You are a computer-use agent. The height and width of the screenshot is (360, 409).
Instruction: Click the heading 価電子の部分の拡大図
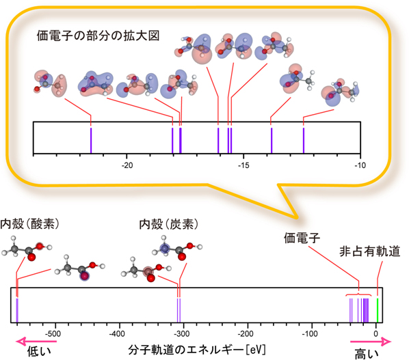click(x=100, y=34)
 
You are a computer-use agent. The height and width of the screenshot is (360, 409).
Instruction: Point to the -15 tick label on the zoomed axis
click(x=243, y=165)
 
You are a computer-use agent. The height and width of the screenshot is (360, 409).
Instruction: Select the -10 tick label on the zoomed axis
click(x=359, y=165)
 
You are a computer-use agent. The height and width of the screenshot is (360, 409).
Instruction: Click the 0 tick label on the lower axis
click(x=375, y=335)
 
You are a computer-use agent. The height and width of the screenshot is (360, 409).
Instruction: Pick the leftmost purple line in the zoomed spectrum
click(x=91, y=140)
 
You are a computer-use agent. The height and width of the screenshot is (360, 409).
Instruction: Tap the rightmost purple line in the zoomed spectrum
click(x=304, y=140)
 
